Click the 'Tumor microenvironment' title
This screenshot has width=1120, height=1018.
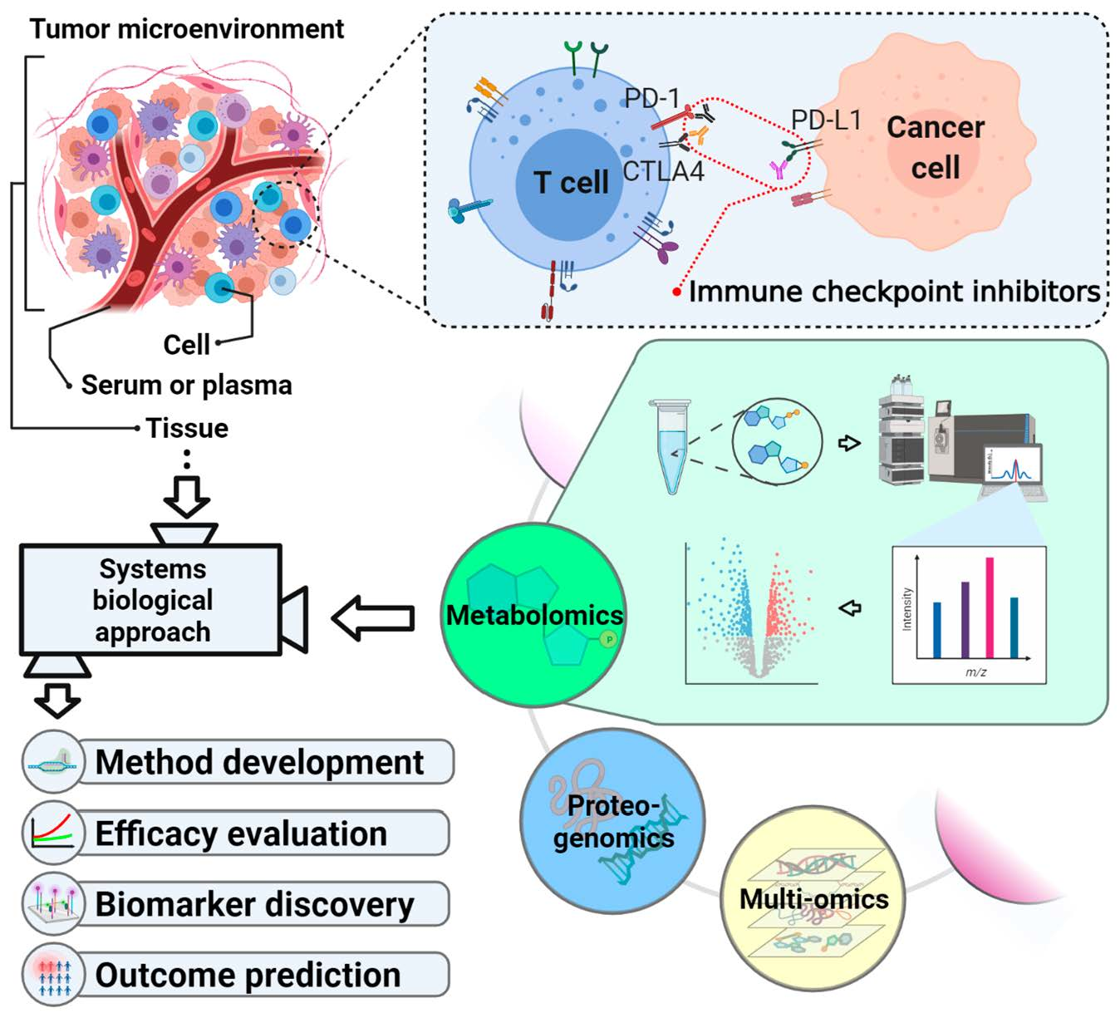(187, 29)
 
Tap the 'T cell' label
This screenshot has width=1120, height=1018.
(572, 182)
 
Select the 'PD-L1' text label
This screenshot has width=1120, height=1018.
(825, 120)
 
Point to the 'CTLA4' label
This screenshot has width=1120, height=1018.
(663, 171)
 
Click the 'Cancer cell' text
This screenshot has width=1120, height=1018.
(936, 147)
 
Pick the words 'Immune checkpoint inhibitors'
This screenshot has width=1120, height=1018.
(894, 292)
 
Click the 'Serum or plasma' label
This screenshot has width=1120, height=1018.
(186, 386)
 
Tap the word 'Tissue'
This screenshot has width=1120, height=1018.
(187, 428)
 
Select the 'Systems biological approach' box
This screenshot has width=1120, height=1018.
(151, 600)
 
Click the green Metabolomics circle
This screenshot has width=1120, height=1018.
(534, 616)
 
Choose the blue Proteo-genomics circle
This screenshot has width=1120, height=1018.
(612, 822)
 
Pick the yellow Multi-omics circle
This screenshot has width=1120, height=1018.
(813, 898)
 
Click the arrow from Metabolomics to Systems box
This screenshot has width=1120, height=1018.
(374, 618)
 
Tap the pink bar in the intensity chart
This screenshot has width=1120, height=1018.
(990, 607)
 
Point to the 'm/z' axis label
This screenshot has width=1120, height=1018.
(976, 671)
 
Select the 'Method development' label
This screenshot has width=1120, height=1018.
(259, 762)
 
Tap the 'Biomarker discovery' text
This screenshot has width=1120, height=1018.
(254, 904)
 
